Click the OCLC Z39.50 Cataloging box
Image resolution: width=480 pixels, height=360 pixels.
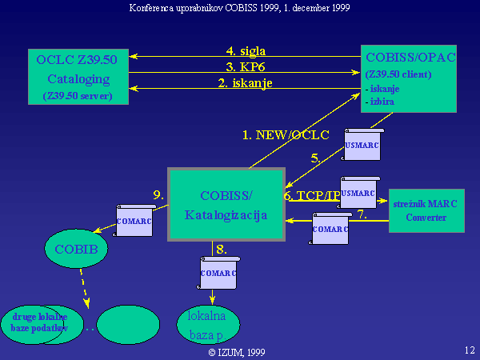tap(78, 76)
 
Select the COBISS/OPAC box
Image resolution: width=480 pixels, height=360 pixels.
tap(408, 78)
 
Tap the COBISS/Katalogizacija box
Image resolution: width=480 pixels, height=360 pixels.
tap(226, 205)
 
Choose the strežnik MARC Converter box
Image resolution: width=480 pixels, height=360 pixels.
tap(426, 210)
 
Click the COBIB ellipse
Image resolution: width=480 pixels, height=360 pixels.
tap(77, 249)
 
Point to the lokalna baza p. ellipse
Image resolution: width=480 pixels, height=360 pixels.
tap(207, 323)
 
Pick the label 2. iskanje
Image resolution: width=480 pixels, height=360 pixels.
tap(245, 82)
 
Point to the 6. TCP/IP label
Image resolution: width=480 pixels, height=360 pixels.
tap(311, 195)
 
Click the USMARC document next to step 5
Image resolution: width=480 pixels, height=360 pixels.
tap(363, 145)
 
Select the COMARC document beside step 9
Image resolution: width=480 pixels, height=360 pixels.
tap(134, 219)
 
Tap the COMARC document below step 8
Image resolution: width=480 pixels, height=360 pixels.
tap(218, 274)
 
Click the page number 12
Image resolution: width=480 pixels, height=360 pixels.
tap(469, 349)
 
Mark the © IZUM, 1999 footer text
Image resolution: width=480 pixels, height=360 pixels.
tap(237, 351)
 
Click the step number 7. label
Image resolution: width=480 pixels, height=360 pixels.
tap(361, 214)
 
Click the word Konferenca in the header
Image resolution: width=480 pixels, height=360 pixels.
tap(154, 7)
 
